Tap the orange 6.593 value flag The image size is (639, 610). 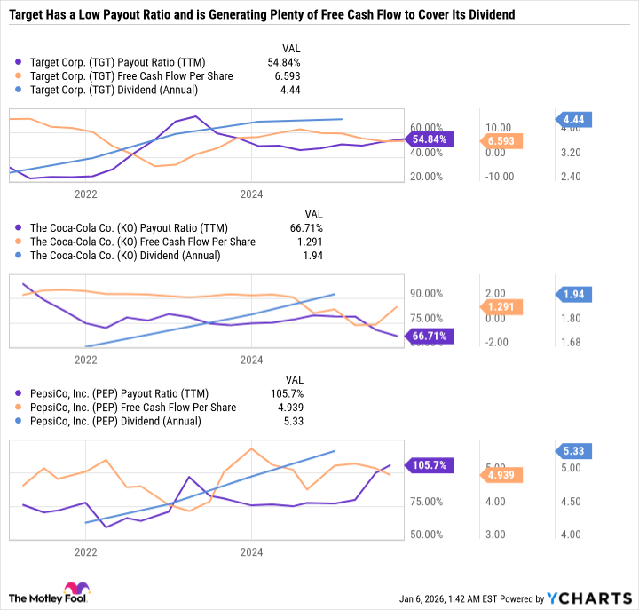coord(504,140)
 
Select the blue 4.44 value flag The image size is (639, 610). coord(574,119)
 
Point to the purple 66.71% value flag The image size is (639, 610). coord(430,336)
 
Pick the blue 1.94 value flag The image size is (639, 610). coord(574,294)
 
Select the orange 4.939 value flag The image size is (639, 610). coord(504,475)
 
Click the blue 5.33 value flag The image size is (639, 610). coord(574,450)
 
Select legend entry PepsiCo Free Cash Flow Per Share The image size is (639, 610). coord(133,407)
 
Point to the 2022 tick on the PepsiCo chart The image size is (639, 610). coord(85,551)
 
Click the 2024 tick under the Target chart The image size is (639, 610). coord(252,193)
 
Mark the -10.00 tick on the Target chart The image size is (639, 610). coord(499,176)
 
